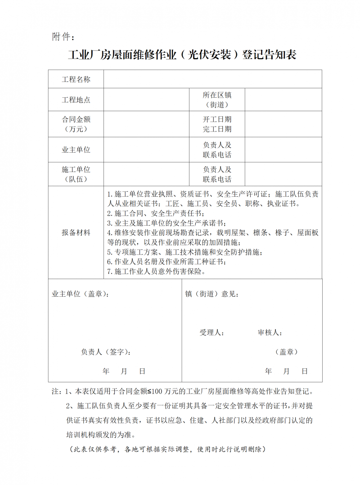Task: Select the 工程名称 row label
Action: pyautogui.click(x=76, y=80)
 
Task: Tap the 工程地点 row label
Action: pyautogui.click(x=76, y=100)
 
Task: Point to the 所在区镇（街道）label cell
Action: pyautogui.click(x=217, y=100)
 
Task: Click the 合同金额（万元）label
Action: pyautogui.click(x=76, y=124)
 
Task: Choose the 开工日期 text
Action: pyautogui.click(x=217, y=119)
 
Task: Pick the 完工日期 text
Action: pyautogui.click(x=217, y=129)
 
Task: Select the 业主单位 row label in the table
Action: pyautogui.click(x=76, y=150)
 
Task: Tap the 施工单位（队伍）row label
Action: pyautogui.click(x=76, y=174)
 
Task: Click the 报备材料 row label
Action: pyautogui.click(x=76, y=233)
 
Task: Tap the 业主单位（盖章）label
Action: pyautogui.click(x=80, y=294)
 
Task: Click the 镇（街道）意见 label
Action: pyautogui.click(x=212, y=294)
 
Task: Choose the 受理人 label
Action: pyautogui.click(x=212, y=333)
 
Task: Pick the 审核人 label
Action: pyautogui.click(x=270, y=333)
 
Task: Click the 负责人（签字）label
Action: pyautogui.click(x=106, y=352)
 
